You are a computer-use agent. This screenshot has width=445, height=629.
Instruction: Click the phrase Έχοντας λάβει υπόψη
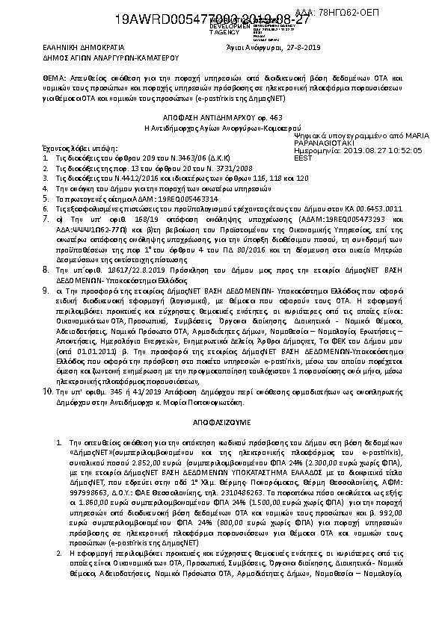click(x=70, y=149)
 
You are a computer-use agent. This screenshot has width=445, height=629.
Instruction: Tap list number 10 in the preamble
click(x=46, y=391)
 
